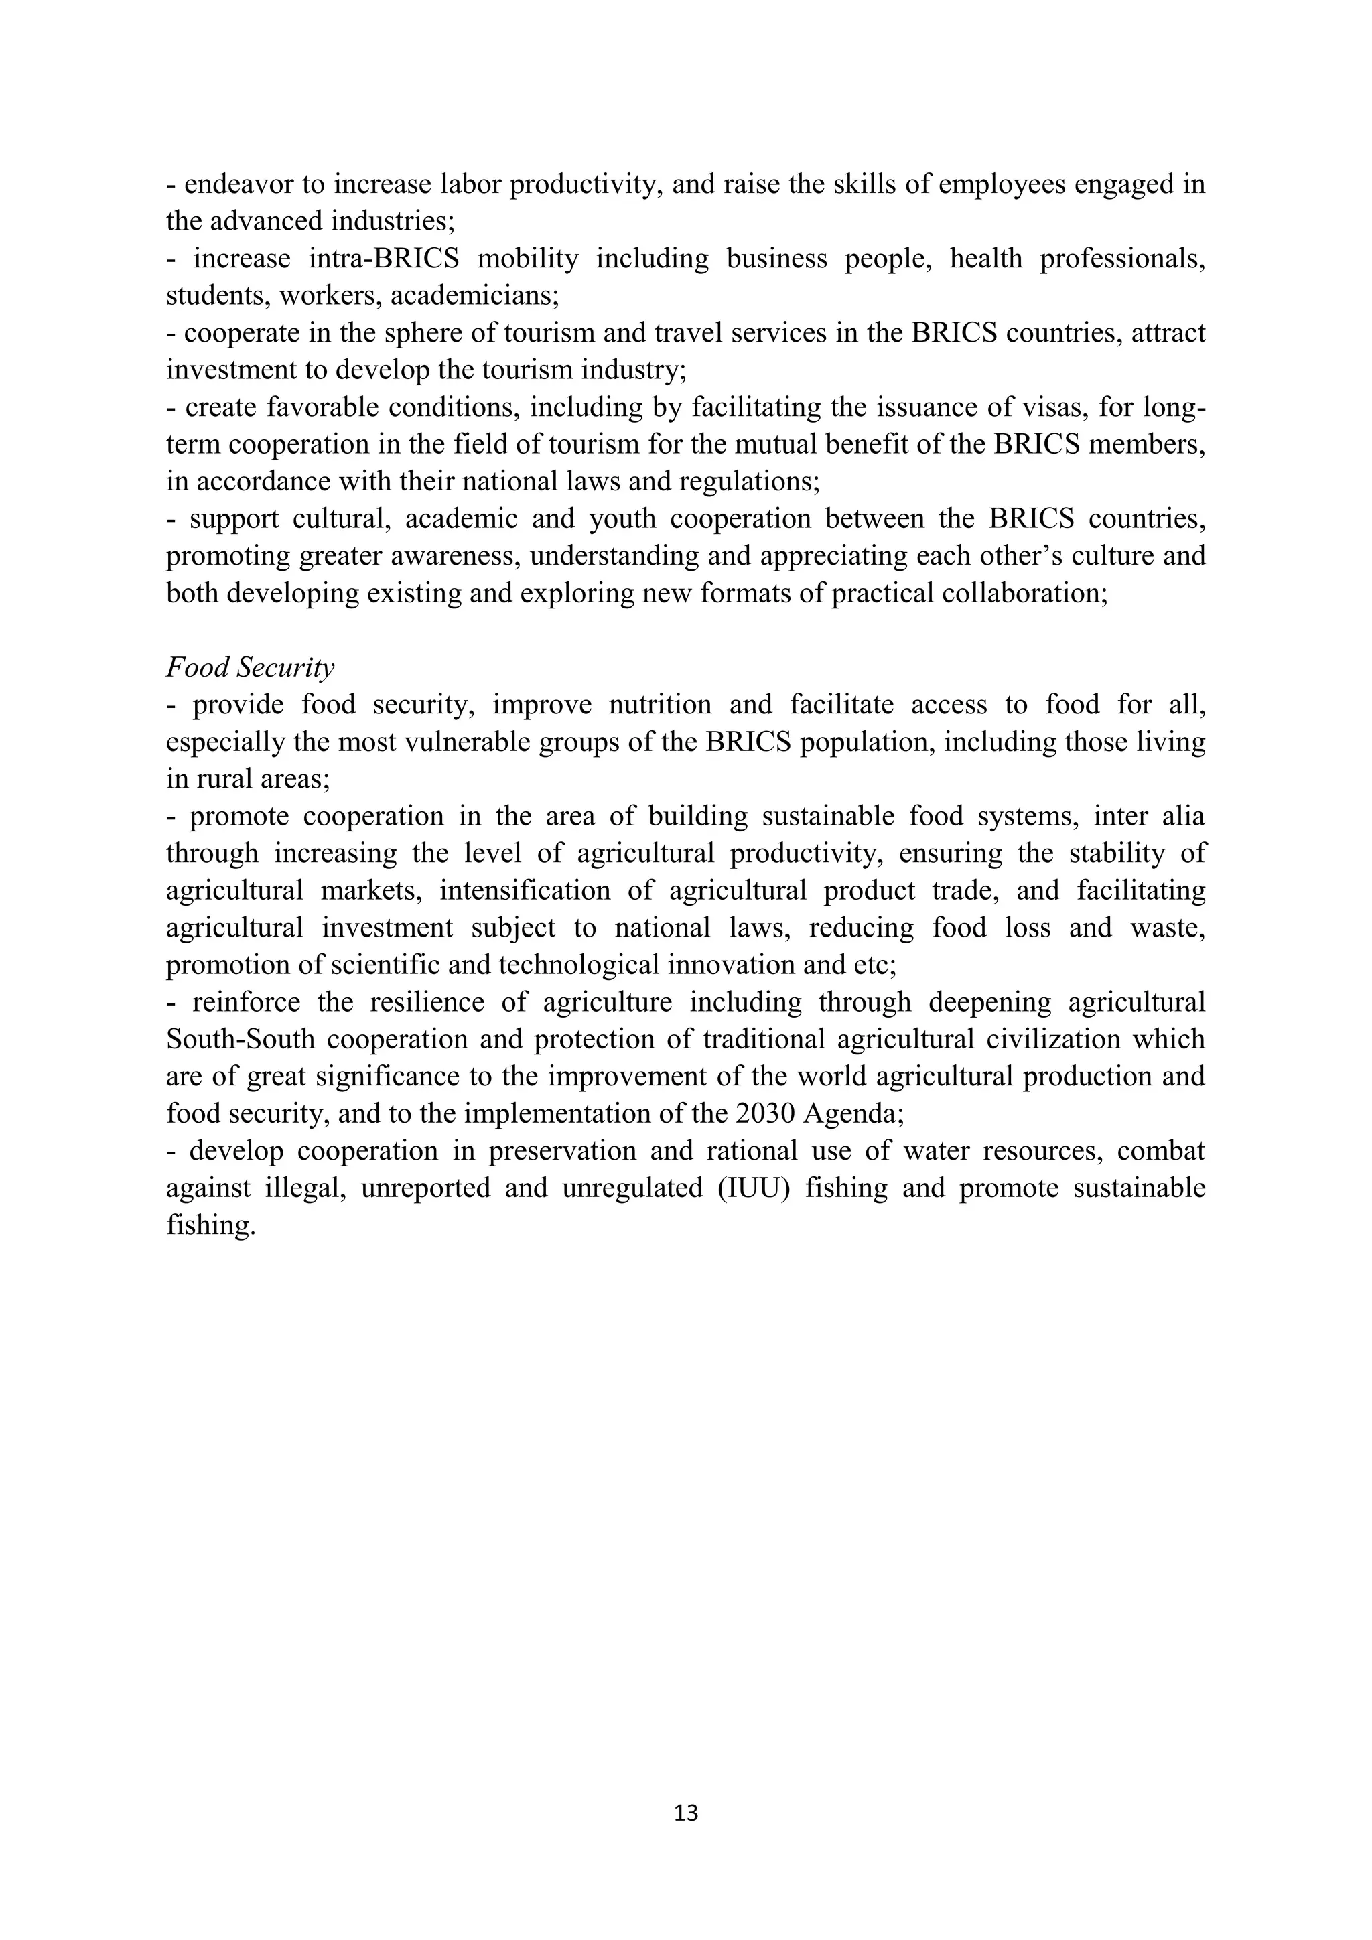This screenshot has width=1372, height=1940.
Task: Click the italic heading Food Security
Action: coord(250,667)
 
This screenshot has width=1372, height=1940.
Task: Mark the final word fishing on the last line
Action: coord(210,1225)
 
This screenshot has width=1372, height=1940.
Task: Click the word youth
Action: coord(622,518)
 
